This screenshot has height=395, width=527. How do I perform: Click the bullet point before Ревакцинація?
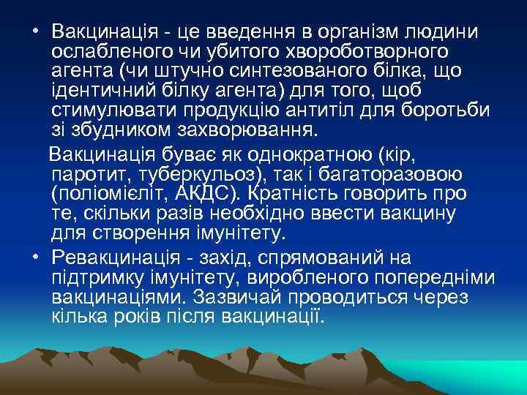(36, 257)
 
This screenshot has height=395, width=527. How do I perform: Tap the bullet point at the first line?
(36, 32)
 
